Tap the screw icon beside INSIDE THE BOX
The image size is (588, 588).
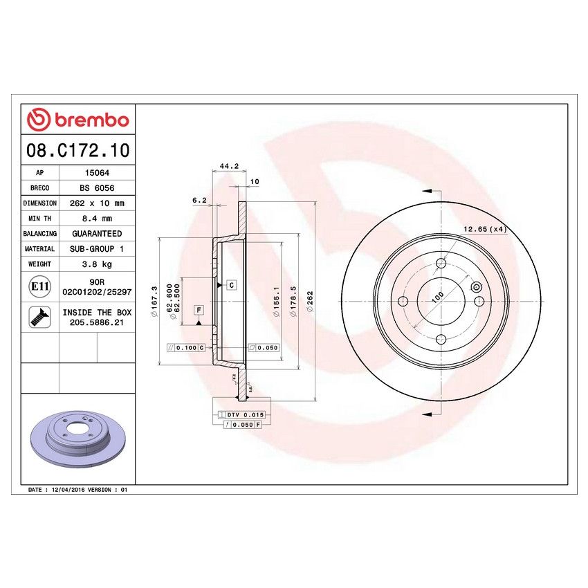click(39, 317)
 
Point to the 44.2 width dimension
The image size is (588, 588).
click(228, 166)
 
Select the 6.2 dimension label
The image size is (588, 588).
click(199, 200)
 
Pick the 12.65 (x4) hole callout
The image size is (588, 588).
click(486, 229)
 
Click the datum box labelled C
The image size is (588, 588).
click(231, 285)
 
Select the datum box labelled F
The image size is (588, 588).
click(199, 309)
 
